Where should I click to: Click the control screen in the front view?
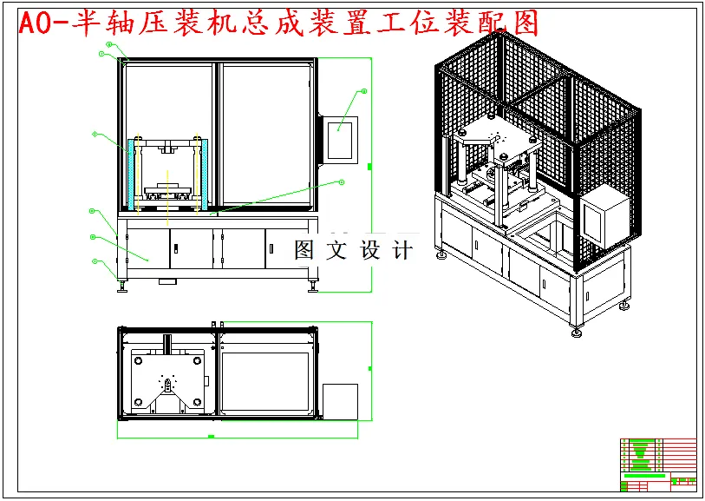click(342, 139)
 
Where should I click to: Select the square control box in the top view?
click(340, 400)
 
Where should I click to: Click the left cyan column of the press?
click(133, 174)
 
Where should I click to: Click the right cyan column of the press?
click(201, 174)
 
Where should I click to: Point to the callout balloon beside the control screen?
click(363, 91)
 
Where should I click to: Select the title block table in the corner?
click(658, 464)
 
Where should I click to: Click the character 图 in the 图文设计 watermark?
click(304, 251)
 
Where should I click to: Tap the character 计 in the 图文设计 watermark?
click(402, 251)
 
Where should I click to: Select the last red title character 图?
click(519, 23)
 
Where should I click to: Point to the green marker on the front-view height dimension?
click(370, 165)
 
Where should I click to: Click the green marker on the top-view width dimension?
click(212, 435)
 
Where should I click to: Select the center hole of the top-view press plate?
click(166, 381)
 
